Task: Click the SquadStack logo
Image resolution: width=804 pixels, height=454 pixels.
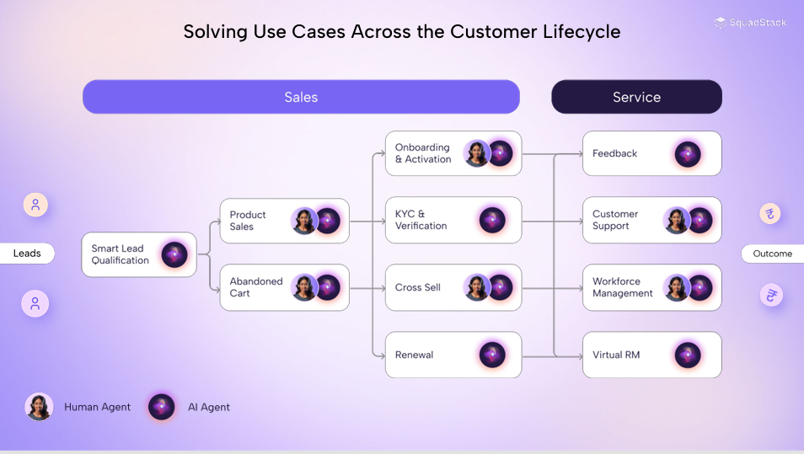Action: pyautogui.click(x=750, y=23)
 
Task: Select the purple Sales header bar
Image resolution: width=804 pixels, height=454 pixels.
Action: pyautogui.click(x=301, y=97)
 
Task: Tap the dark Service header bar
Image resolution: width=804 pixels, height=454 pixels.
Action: pyautogui.click(x=636, y=97)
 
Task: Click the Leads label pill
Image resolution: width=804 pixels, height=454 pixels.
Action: pyautogui.click(x=27, y=254)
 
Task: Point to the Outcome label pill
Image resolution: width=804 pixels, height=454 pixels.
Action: pyautogui.click(x=772, y=254)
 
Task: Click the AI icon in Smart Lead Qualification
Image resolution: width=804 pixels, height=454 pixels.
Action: pyautogui.click(x=174, y=254)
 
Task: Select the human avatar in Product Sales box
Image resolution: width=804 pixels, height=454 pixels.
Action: pyautogui.click(x=303, y=221)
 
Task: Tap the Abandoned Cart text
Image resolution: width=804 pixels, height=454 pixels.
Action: pyautogui.click(x=256, y=287)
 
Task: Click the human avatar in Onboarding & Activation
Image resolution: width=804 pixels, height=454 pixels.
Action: pyautogui.click(x=476, y=153)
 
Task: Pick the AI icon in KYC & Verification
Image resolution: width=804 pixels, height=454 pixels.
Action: pyautogui.click(x=492, y=220)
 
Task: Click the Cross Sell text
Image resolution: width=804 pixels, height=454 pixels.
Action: pyautogui.click(x=418, y=287)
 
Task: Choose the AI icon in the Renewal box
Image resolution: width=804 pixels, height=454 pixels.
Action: pyautogui.click(x=492, y=355)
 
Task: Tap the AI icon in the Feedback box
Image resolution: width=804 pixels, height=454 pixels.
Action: pyautogui.click(x=688, y=153)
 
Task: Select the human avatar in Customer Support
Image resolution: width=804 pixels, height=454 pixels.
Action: pyautogui.click(x=676, y=220)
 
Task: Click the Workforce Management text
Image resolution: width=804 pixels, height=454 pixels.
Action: pyautogui.click(x=622, y=287)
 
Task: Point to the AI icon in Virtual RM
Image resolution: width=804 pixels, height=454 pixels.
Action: pyautogui.click(x=688, y=355)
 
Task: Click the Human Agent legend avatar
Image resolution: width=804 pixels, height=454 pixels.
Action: pyautogui.click(x=39, y=407)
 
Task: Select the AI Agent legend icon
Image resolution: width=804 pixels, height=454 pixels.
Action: pyautogui.click(x=161, y=407)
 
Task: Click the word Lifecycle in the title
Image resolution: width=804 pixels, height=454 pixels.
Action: pyautogui.click(x=579, y=32)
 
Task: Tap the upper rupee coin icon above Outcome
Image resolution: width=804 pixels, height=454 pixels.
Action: pyautogui.click(x=770, y=213)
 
